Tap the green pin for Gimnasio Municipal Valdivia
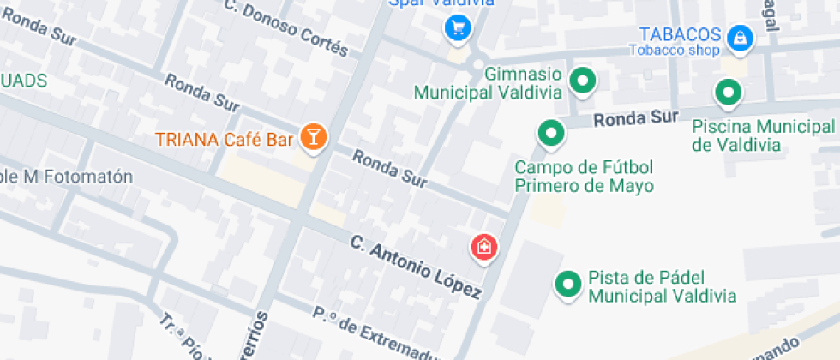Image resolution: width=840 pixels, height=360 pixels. tap(584, 81)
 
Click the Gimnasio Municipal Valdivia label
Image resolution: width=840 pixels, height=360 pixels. tap(489, 83)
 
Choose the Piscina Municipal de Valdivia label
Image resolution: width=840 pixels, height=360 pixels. tap(763, 135)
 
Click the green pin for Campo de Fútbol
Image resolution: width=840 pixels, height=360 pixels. tap(550, 133)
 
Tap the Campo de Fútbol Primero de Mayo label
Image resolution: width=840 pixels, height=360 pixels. tap(584, 176)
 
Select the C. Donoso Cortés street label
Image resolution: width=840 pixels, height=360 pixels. tap(287, 26)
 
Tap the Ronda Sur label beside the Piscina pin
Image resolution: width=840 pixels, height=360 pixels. tap(636, 117)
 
